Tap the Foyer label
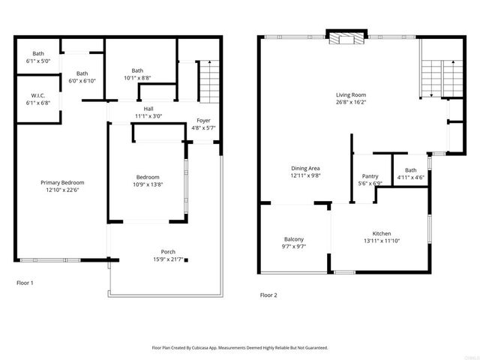pos(203,121)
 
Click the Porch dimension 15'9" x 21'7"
pos(168,259)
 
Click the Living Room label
pos(350,95)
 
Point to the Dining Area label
pos(305,168)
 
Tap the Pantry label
pos(370,176)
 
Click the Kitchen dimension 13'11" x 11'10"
pos(382,241)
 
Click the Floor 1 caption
pos(25,283)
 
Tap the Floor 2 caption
pos(268,295)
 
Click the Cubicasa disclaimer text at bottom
pos(240,348)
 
